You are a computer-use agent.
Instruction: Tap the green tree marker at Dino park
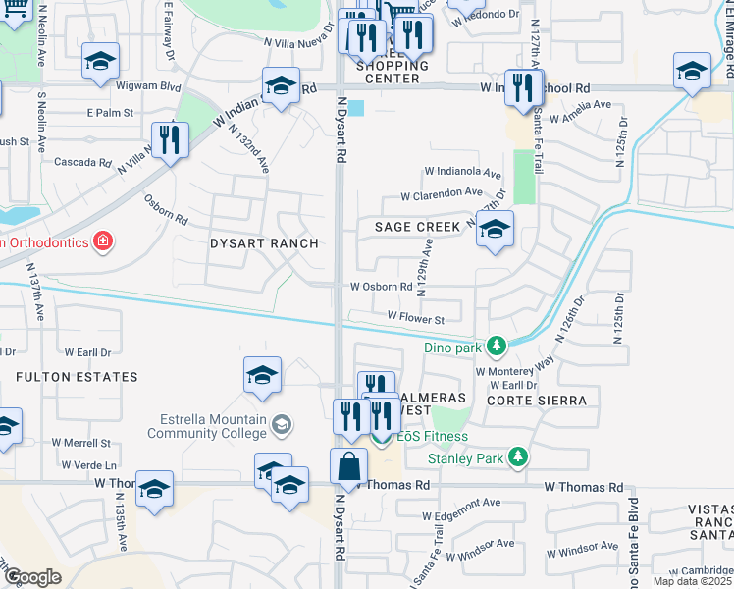tap(498, 346)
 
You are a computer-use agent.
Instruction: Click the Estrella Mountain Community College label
tap(207, 425)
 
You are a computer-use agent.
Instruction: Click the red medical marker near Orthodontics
tap(101, 241)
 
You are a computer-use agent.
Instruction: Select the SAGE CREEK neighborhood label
tap(418, 227)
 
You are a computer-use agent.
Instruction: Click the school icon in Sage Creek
tap(495, 230)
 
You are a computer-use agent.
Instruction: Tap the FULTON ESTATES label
tap(76, 376)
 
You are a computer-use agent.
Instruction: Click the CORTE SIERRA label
tap(542, 401)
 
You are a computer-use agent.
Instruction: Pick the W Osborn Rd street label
tap(382, 287)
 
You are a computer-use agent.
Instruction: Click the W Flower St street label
tap(416, 317)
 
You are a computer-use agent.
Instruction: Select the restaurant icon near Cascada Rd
tap(170, 140)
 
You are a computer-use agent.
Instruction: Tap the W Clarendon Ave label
tap(442, 194)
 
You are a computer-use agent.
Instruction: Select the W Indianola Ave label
tap(462, 173)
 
